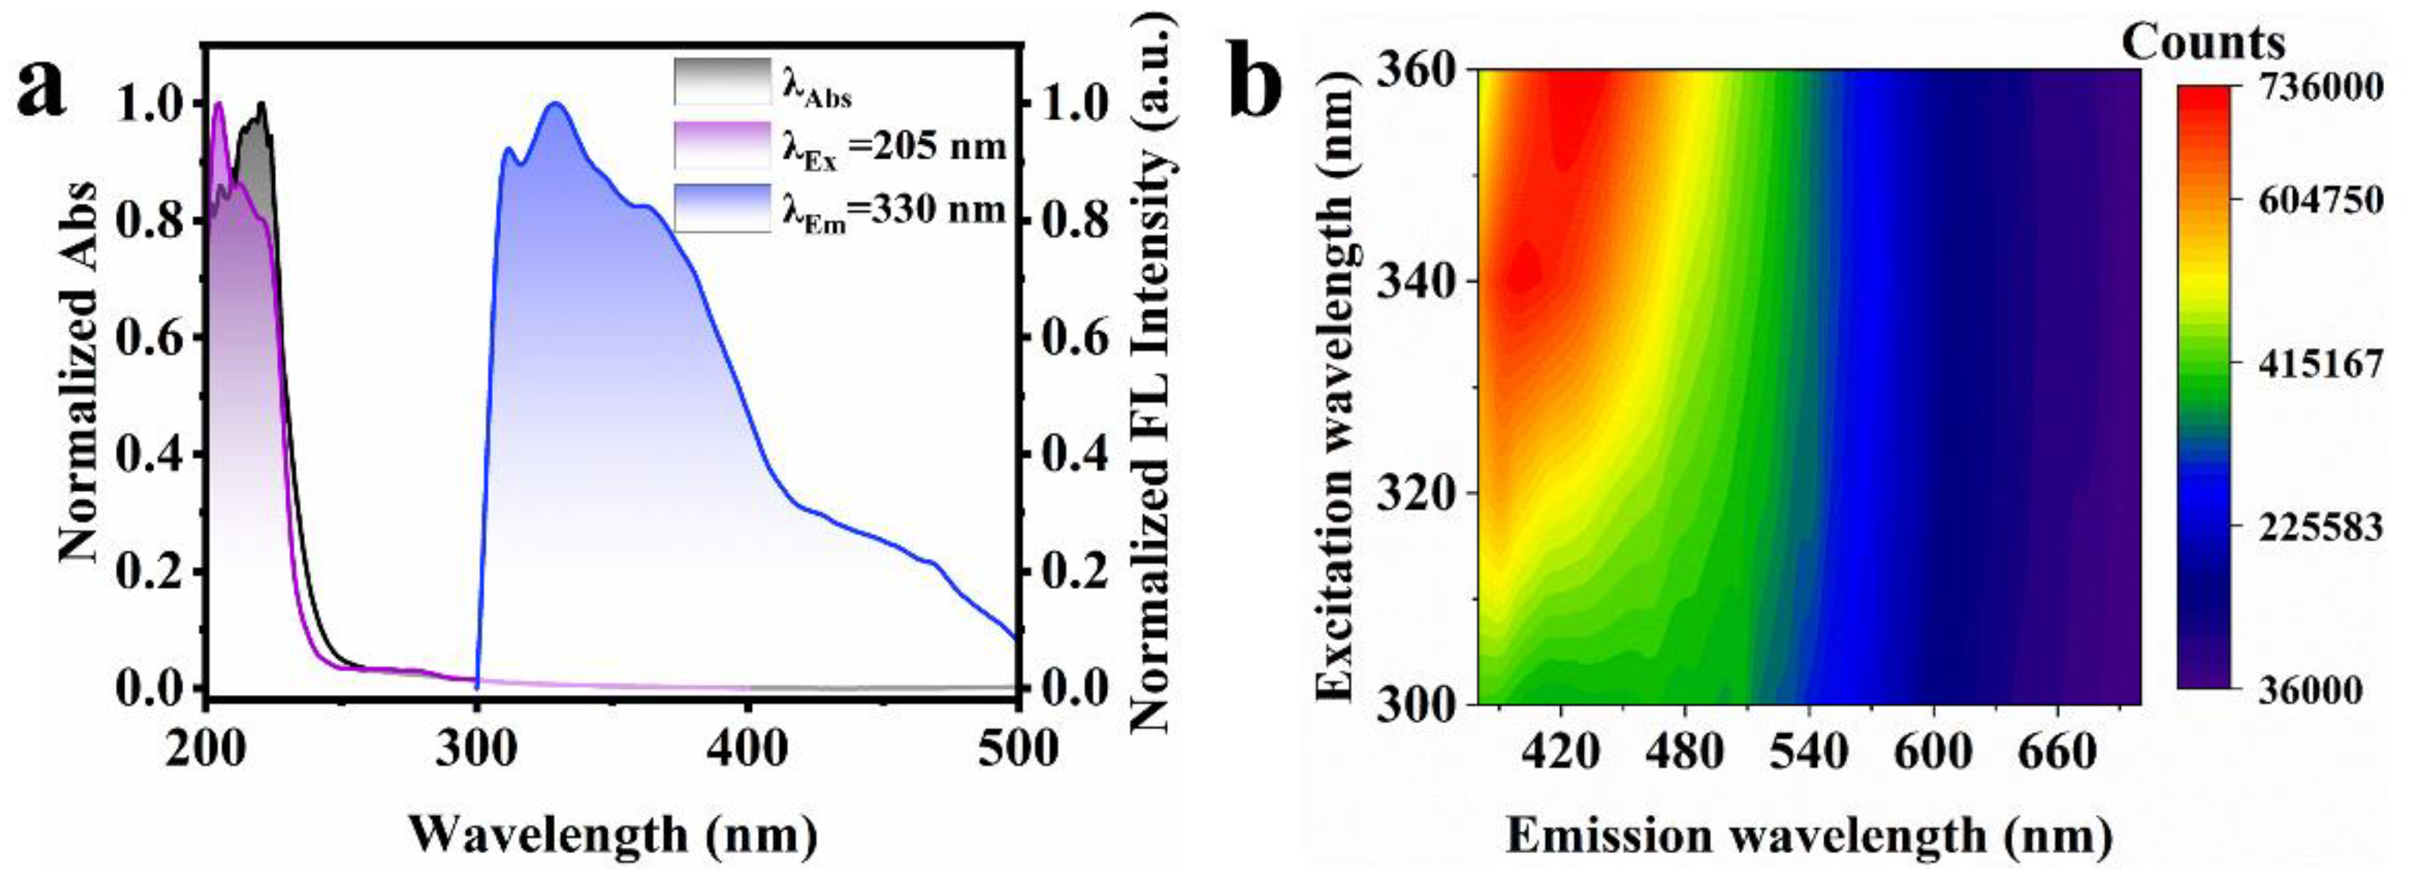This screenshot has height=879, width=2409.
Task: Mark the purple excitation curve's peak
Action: click(220, 104)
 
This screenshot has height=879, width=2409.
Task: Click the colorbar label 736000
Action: click(2322, 88)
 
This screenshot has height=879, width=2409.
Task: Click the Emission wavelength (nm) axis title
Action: click(1809, 834)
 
